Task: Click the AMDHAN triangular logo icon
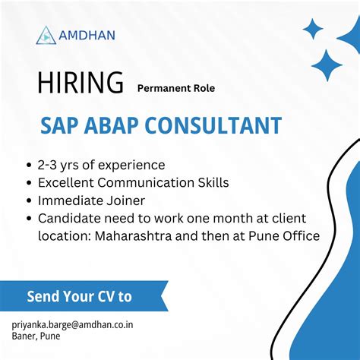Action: [x=46, y=34]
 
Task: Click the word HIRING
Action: [x=80, y=82]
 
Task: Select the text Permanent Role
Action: [x=176, y=88]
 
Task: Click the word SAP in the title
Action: [x=61, y=125]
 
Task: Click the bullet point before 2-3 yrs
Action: [x=29, y=165]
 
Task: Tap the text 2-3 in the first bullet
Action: [x=47, y=165]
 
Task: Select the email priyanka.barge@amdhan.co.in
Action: [x=73, y=324]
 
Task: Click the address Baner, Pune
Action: [x=36, y=336]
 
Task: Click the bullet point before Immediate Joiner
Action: [x=29, y=201]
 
